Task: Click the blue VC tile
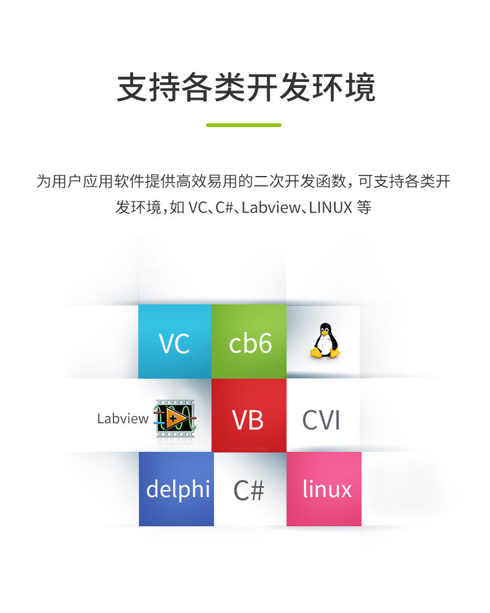pyautogui.click(x=174, y=342)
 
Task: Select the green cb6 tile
pyautogui.click(x=249, y=342)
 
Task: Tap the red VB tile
pyautogui.click(x=249, y=416)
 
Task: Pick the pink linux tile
pyautogui.click(x=324, y=489)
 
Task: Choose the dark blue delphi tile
pyautogui.click(x=176, y=489)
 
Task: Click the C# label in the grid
pyautogui.click(x=249, y=490)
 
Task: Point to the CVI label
pyautogui.click(x=321, y=420)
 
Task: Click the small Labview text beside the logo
pyautogui.click(x=123, y=418)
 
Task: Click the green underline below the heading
pyautogui.click(x=244, y=125)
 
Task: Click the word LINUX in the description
pyautogui.click(x=331, y=207)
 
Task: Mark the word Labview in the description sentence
pyautogui.click(x=269, y=207)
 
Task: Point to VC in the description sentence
pyautogui.click(x=197, y=207)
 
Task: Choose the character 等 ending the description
pyautogui.click(x=365, y=207)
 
